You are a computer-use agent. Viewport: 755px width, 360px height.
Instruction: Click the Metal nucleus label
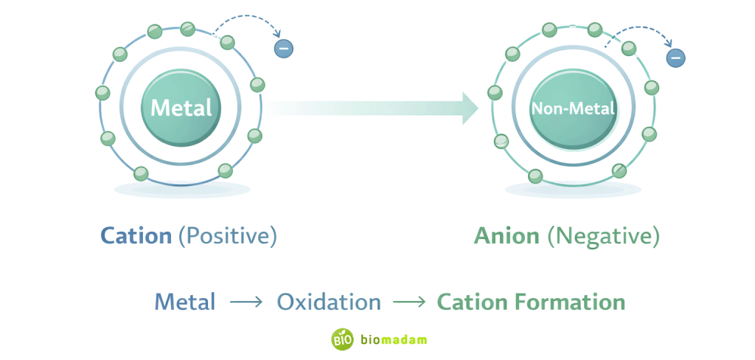(x=181, y=108)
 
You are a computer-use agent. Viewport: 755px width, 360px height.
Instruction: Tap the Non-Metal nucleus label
(x=573, y=108)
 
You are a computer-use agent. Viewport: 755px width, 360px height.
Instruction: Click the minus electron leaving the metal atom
(x=283, y=49)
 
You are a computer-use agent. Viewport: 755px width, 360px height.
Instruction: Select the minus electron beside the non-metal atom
(x=675, y=58)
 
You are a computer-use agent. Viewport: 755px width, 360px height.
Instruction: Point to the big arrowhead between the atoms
(x=469, y=108)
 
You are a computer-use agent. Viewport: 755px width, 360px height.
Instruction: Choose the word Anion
(x=506, y=236)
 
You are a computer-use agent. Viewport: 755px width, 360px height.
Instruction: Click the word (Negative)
(x=603, y=236)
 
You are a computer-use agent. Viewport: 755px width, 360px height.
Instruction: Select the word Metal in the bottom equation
(x=184, y=302)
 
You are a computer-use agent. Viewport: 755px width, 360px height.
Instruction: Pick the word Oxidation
(x=329, y=302)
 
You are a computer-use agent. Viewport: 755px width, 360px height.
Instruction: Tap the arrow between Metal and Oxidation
(x=246, y=302)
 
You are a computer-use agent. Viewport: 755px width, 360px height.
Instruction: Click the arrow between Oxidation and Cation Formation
(x=409, y=302)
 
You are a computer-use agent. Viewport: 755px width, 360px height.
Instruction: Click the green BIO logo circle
(x=342, y=339)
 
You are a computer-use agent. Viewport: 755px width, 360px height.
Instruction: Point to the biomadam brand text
(x=394, y=339)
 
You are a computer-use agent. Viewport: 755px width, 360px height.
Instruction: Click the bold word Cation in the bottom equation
(x=470, y=302)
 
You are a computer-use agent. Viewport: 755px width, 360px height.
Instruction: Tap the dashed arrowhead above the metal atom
(x=277, y=34)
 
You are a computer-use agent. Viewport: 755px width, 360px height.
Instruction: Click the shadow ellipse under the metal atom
(x=182, y=190)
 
